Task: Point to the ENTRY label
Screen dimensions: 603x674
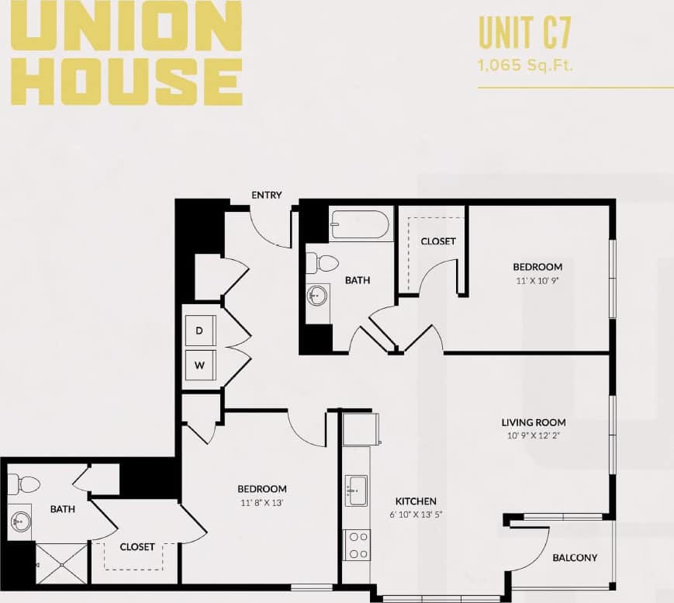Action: pyautogui.click(x=266, y=195)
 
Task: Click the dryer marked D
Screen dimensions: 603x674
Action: pyautogui.click(x=199, y=330)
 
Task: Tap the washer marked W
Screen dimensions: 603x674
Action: pyautogui.click(x=199, y=365)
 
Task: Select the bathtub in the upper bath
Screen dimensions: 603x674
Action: pyautogui.click(x=360, y=225)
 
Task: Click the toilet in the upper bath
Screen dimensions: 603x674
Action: pyautogui.click(x=320, y=262)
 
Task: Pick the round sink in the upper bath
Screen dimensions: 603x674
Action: pyautogui.click(x=317, y=295)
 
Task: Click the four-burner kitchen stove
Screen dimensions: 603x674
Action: pyautogui.click(x=357, y=544)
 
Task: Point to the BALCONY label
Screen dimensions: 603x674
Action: pyautogui.click(x=575, y=558)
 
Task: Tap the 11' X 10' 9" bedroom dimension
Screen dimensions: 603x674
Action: pyautogui.click(x=537, y=280)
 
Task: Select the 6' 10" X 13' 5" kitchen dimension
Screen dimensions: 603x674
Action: pyautogui.click(x=416, y=515)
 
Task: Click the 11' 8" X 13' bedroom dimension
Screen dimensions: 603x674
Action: pyautogui.click(x=261, y=502)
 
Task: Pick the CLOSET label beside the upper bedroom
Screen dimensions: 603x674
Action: pyautogui.click(x=438, y=241)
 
